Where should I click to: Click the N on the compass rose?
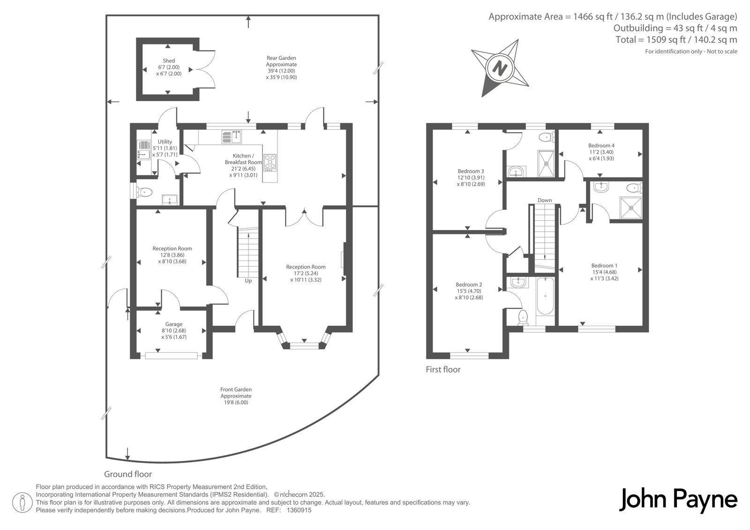point(500,68)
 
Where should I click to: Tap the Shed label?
point(169,60)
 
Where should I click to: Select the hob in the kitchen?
point(270,163)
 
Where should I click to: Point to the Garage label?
point(174,324)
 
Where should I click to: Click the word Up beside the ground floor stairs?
point(248,281)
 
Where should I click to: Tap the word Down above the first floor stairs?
point(544,200)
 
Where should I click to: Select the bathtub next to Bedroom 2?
point(545,296)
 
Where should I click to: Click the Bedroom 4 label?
point(601,145)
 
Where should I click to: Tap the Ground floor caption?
point(128,474)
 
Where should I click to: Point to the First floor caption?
point(443,369)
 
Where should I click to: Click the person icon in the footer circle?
point(22,502)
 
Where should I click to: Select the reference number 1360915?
point(299,510)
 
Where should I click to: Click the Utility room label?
point(165,142)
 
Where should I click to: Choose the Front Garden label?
point(236,389)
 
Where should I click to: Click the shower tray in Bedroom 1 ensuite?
point(631,208)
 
